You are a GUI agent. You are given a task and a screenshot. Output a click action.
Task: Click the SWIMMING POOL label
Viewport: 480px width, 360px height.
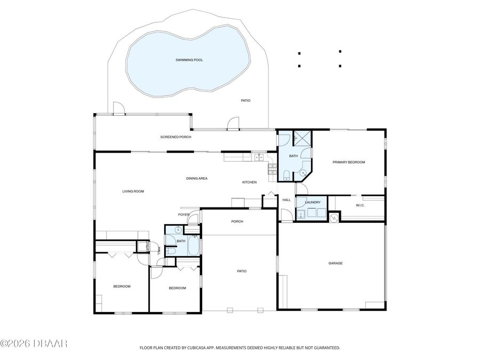coord(189,60)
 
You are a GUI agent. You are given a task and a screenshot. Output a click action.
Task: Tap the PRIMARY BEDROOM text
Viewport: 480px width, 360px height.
coord(348,162)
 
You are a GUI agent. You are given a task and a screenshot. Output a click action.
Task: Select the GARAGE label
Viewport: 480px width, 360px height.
coord(335,263)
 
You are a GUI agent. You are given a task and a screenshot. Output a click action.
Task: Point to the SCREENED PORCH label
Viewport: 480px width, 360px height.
coord(175,137)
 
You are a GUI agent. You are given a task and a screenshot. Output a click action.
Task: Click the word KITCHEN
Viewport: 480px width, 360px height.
coord(249,182)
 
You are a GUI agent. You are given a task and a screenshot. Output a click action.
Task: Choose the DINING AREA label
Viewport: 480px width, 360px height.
coord(196,178)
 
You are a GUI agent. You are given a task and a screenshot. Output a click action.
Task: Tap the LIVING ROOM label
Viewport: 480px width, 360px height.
coord(133,191)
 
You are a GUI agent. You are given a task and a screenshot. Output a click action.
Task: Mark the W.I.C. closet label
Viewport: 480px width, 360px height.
coord(360,205)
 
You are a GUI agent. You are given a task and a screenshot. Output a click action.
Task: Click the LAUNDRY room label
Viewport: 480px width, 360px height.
coord(313,203)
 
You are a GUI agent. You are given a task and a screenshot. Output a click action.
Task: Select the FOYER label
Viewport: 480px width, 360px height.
coord(183,214)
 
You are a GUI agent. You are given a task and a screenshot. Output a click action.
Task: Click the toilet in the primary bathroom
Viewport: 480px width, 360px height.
coord(286,174)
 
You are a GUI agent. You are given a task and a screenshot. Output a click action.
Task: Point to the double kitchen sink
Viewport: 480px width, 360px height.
coord(258,157)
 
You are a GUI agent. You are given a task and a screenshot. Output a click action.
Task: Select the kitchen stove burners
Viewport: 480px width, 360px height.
coord(273,169)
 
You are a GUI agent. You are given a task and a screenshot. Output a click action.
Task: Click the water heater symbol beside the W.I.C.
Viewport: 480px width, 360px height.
coord(333,217)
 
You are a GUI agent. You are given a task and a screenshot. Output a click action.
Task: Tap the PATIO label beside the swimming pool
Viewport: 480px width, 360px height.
coord(245,100)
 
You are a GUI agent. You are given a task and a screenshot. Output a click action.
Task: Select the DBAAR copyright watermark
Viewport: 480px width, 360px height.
coord(33,344)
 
